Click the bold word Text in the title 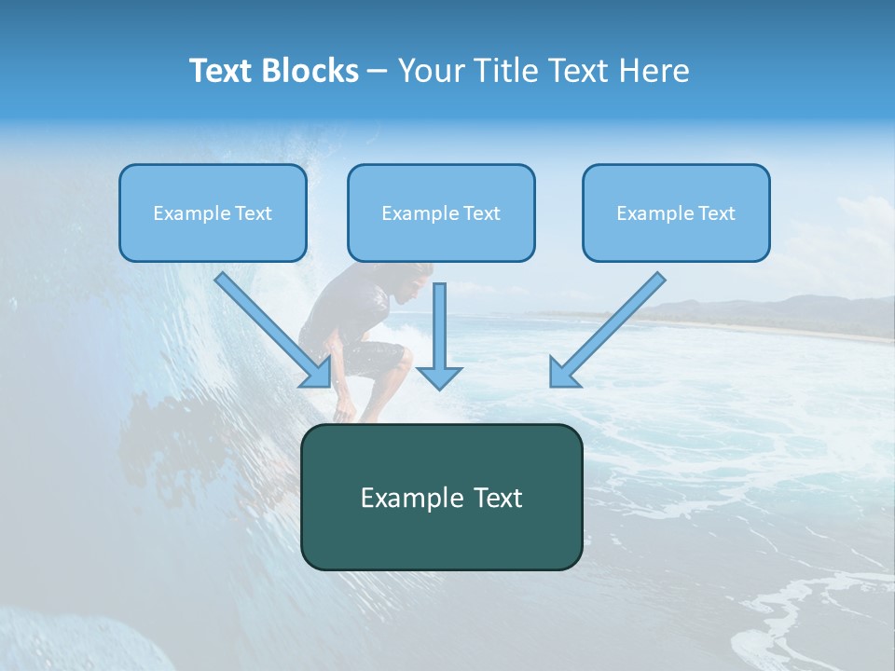[221, 71]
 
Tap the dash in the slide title [378, 72]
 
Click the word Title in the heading [506, 71]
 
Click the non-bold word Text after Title [579, 71]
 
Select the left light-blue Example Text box [213, 213]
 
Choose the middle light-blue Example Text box [441, 213]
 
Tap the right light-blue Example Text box [676, 213]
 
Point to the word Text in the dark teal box [495, 498]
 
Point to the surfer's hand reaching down [346, 410]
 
